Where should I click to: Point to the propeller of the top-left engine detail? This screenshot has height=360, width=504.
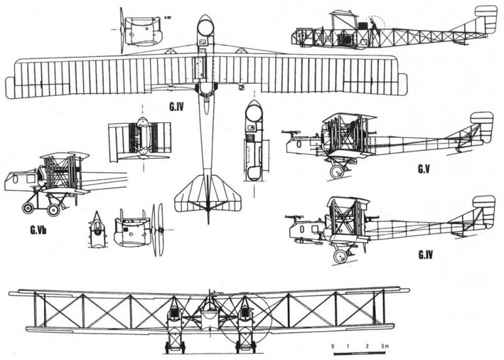121,30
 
